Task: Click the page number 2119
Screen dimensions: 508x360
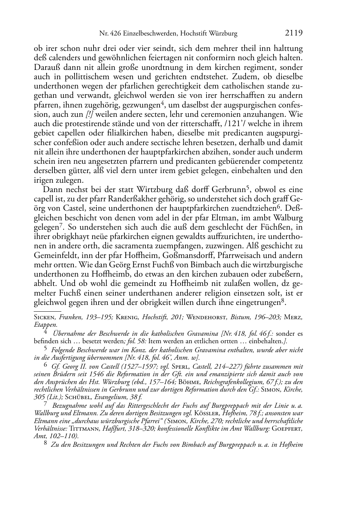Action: pos(294,33)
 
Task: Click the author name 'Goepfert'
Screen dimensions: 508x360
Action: pos(288,429)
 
